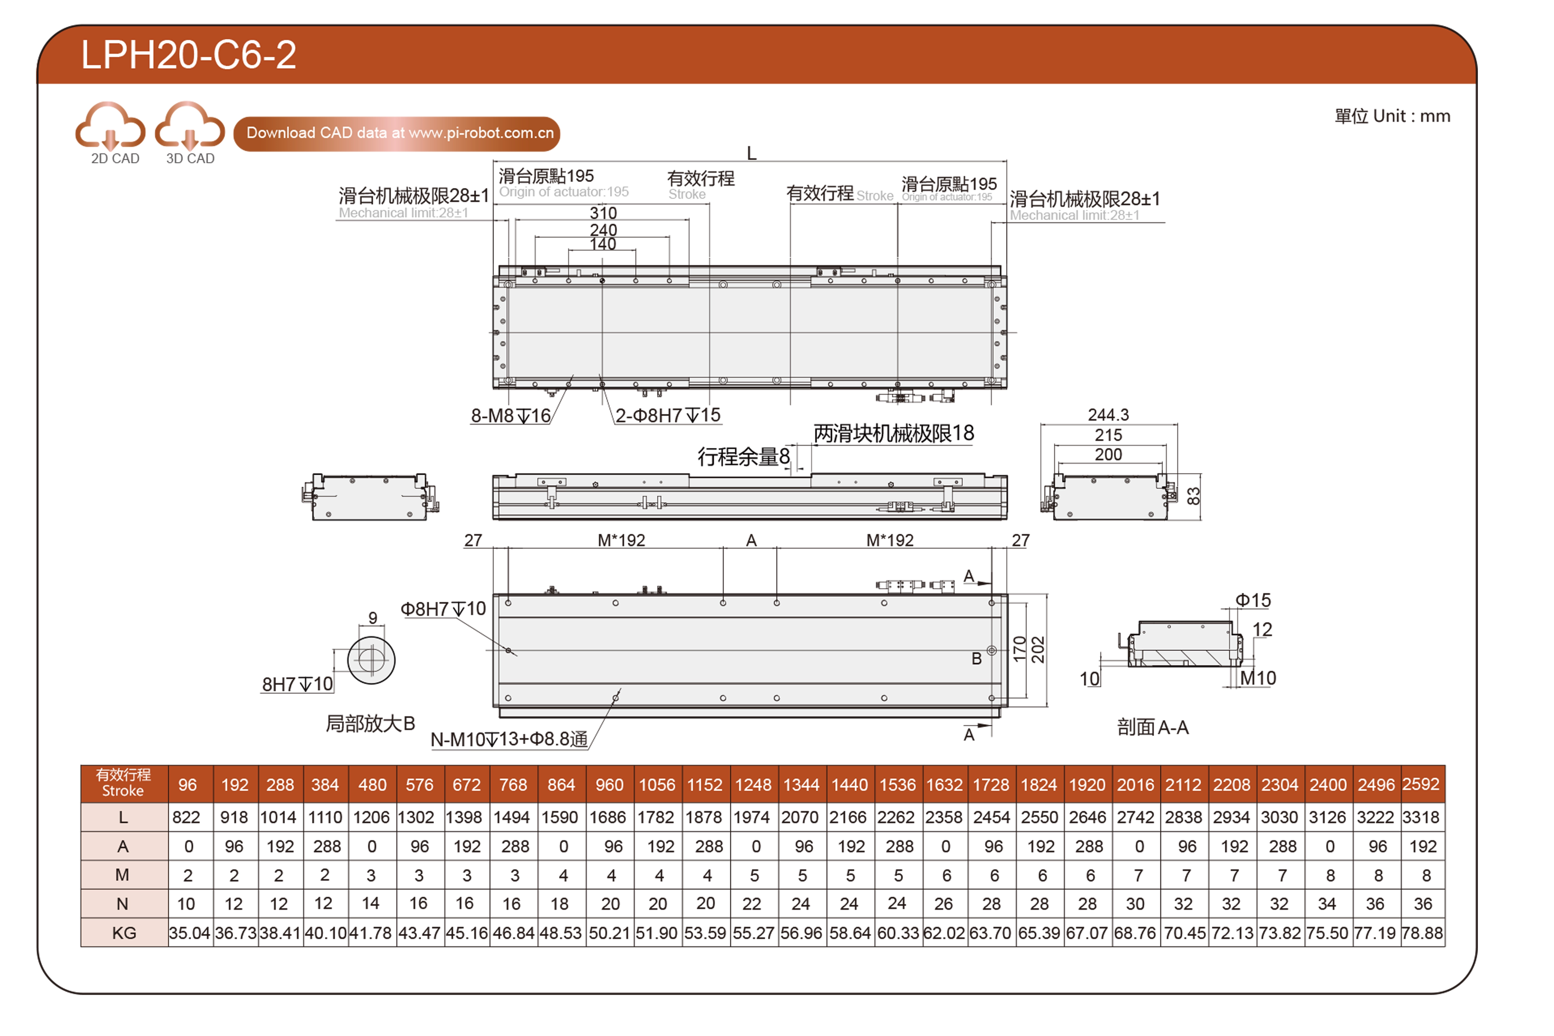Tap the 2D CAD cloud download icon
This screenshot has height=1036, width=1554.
(x=110, y=126)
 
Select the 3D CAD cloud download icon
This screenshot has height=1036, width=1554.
(x=190, y=126)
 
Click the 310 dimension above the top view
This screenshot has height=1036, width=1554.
(x=602, y=213)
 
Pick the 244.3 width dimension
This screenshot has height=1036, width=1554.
(x=1108, y=415)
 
